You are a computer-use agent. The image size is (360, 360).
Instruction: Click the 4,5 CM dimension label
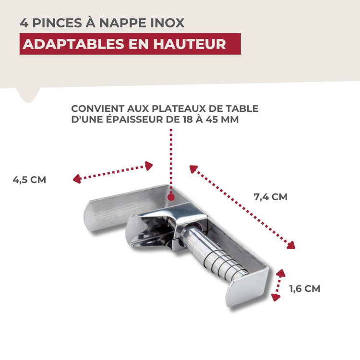(30, 180)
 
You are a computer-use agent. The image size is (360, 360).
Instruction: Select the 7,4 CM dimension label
(270, 196)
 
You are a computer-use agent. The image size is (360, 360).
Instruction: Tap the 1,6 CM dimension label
(304, 288)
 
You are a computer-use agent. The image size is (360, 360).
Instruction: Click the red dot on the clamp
(171, 197)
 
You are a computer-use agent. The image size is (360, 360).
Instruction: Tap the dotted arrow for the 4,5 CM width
(113, 173)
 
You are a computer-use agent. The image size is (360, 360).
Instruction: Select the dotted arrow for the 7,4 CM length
(242, 207)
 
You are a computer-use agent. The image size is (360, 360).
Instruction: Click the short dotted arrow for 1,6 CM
(278, 285)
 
